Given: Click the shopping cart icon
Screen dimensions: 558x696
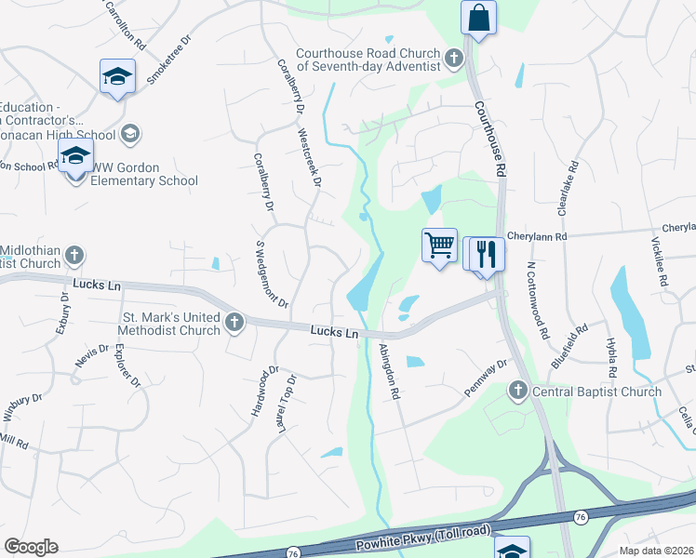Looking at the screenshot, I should [x=439, y=246].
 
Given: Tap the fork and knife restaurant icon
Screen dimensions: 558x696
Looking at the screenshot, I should [x=485, y=253].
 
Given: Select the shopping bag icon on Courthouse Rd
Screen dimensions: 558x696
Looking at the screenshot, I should [x=478, y=18].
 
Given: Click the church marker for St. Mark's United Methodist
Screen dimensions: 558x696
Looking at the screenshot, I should [x=234, y=323].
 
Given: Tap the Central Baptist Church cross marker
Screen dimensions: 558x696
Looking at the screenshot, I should [x=519, y=392].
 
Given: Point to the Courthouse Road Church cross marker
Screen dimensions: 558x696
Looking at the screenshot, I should [x=453, y=60].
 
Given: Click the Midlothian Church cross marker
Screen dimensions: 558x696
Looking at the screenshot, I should [x=74, y=255].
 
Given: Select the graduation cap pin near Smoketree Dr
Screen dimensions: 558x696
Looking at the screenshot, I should [x=118, y=76].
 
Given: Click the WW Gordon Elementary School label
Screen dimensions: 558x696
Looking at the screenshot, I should [x=144, y=174].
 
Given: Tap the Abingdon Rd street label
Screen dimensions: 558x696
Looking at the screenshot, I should [x=390, y=371].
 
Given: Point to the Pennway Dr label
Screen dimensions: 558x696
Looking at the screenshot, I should [x=486, y=377].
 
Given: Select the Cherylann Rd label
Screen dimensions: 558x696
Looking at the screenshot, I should [x=537, y=237].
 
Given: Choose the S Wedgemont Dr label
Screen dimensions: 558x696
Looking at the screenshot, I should [x=272, y=274].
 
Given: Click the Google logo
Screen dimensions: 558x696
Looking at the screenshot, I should [x=31, y=547].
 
